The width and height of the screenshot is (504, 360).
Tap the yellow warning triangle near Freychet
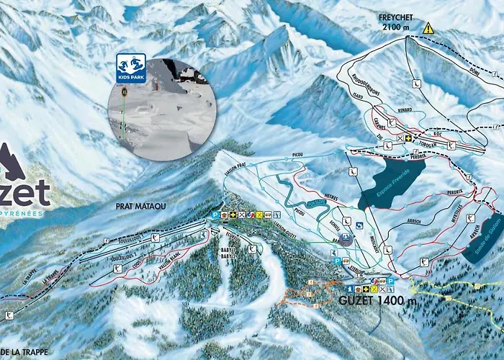(428, 28)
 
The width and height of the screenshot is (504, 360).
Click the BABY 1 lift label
(228, 247)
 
